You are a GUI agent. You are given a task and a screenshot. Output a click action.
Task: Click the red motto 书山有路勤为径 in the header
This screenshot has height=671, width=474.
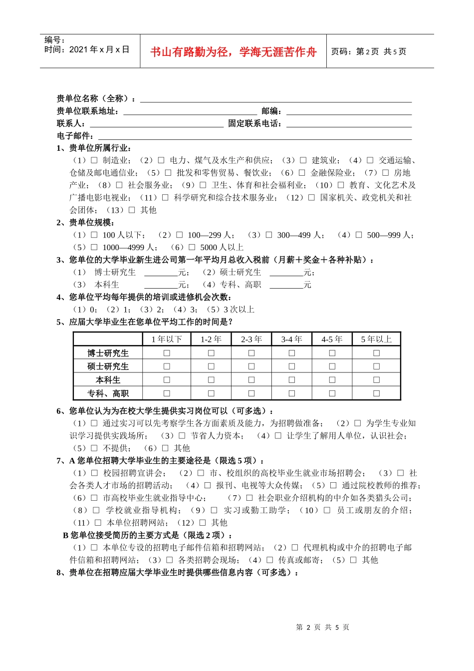tap(233, 52)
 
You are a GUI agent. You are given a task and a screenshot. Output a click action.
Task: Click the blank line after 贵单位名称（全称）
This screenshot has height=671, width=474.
tap(275, 98)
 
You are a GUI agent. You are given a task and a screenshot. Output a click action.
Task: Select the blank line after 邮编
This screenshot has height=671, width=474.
tap(349, 111)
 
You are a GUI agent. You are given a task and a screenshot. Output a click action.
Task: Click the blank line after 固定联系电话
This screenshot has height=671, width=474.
tap(349, 123)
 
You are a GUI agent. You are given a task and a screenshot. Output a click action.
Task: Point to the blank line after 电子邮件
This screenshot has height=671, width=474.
tap(254, 136)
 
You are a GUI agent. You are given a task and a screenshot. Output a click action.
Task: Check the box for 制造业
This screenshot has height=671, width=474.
tap(94, 160)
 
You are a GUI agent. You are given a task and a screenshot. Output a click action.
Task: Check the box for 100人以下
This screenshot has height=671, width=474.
tap(94, 235)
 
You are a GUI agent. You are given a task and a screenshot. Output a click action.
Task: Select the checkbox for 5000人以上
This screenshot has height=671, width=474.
tap(192, 247)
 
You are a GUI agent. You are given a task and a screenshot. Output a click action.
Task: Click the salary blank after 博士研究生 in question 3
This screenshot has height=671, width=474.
tap(161, 272)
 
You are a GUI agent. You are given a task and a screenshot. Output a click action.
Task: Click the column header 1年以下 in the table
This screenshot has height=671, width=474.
tap(167, 339)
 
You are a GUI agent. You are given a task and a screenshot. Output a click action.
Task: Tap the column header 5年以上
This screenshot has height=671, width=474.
tap(376, 339)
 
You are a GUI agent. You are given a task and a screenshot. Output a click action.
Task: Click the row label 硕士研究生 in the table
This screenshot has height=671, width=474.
tap(108, 366)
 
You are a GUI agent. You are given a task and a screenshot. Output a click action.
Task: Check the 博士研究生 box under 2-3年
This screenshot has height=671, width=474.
tap(251, 353)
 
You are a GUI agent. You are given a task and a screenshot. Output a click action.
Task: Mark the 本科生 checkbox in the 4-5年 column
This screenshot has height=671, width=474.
tap(332, 380)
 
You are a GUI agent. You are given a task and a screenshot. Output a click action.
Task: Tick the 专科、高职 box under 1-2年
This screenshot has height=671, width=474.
tap(211, 393)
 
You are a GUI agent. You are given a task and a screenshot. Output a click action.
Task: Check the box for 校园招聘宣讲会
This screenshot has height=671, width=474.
tap(94, 473)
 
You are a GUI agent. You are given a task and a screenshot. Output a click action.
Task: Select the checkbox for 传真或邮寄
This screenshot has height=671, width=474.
tap(270, 560)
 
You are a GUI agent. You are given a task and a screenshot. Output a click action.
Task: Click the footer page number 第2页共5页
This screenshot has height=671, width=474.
tap(323, 627)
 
